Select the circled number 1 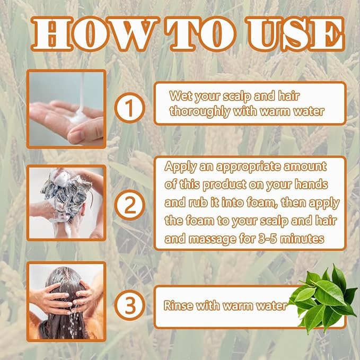[x=130, y=108]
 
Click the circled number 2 [x=130, y=205]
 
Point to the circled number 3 [x=130, y=305]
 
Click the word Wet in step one [x=180, y=95]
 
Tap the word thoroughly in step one [x=200, y=111]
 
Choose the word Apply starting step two [x=180, y=166]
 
